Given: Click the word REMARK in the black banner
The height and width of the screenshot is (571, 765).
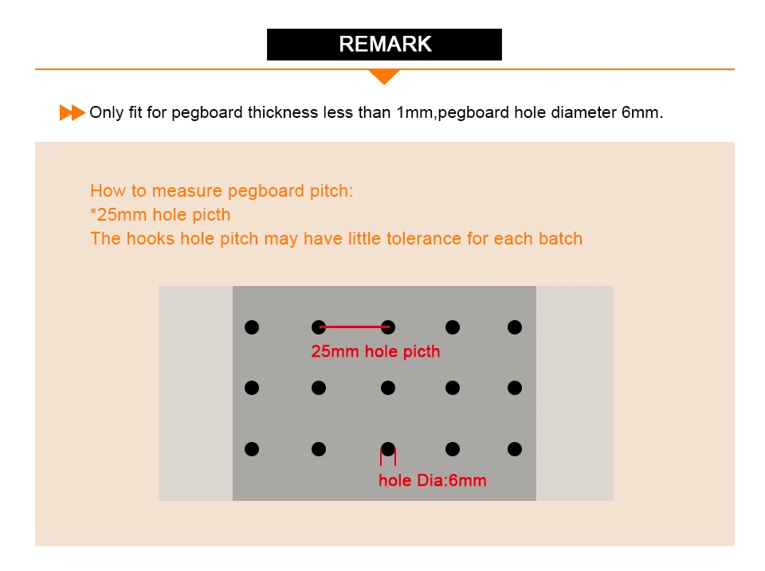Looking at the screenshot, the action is (x=385, y=44).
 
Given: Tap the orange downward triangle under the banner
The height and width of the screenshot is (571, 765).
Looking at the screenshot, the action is (x=384, y=76).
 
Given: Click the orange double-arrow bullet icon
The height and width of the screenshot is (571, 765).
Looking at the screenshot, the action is (x=73, y=112).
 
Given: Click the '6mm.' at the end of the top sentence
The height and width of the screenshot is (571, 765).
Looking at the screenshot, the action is (x=642, y=112).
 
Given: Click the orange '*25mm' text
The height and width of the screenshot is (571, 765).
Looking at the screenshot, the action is (x=119, y=214).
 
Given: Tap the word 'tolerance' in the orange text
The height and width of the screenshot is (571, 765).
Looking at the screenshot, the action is (x=423, y=238).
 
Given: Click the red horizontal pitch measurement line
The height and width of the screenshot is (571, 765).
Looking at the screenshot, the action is (x=355, y=327).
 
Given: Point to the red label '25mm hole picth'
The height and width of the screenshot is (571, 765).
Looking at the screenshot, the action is (x=375, y=351).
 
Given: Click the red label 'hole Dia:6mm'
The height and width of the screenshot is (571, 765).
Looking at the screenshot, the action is (x=432, y=480).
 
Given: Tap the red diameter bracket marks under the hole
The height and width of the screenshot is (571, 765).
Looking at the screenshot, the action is (x=388, y=457).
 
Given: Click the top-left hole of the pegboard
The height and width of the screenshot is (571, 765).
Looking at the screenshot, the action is (x=252, y=327).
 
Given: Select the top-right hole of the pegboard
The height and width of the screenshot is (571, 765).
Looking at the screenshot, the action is (x=515, y=327).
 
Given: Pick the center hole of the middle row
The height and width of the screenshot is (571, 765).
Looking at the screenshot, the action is (x=388, y=388).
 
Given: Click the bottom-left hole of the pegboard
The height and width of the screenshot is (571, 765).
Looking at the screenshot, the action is (x=252, y=449).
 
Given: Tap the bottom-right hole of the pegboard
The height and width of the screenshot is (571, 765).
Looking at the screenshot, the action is (x=515, y=449).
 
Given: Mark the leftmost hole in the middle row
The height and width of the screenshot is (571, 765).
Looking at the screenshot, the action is (x=252, y=388).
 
